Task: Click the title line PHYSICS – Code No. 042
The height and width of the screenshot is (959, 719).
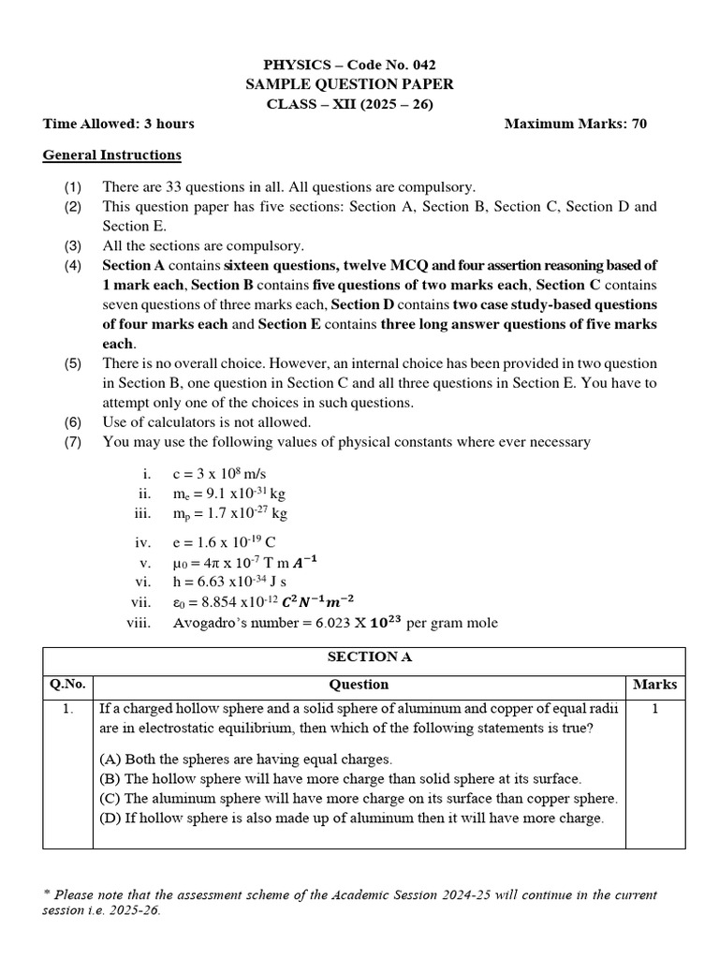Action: pos(350,65)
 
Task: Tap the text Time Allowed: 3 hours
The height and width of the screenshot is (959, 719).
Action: pos(119,124)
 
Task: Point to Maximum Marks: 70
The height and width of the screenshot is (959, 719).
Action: pos(576,124)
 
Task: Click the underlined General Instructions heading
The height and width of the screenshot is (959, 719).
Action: pos(112,155)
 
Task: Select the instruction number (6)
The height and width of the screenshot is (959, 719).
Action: pos(73,422)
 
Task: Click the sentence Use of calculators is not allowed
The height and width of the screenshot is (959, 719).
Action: pos(207,422)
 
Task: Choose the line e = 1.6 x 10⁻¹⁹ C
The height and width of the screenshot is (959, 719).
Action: pos(222,542)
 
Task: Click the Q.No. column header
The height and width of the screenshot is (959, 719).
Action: pos(67,685)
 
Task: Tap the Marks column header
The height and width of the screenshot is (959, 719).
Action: pos(655,685)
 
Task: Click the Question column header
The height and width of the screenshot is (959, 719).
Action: pos(359,685)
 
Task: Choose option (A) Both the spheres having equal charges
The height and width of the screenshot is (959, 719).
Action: pos(246,759)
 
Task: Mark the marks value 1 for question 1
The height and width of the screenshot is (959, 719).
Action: pos(655,709)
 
